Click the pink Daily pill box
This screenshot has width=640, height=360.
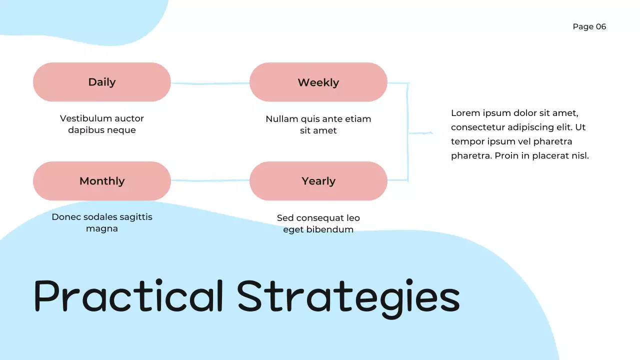102,82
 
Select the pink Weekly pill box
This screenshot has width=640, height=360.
318,82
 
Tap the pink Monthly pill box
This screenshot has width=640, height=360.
102,181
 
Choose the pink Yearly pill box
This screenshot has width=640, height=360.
318,181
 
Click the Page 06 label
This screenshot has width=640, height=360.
589,26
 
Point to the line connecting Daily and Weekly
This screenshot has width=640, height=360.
210,83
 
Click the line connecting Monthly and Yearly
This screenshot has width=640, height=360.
210,180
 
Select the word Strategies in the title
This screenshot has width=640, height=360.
348,296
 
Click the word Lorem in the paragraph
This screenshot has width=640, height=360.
465,113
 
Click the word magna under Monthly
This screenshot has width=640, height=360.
102,228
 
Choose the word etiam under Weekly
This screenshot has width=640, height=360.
358,119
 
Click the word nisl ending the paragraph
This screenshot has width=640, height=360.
580,155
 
